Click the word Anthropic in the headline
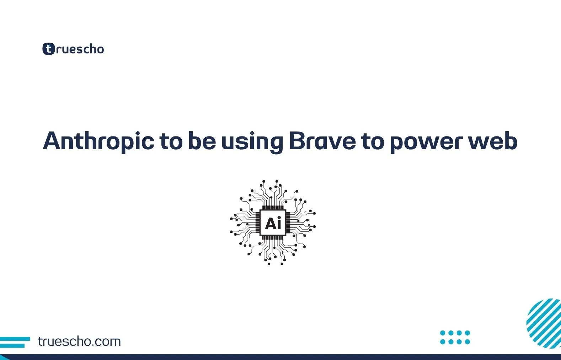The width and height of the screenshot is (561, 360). pyautogui.click(x=98, y=141)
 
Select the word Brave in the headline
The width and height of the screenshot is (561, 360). pyautogui.click(x=322, y=141)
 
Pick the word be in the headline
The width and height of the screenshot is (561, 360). pyautogui.click(x=202, y=141)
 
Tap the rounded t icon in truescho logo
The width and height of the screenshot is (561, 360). pyautogui.click(x=48, y=49)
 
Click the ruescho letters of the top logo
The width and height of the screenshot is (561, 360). pyautogui.click(x=80, y=49)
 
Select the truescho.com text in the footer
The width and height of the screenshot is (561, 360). pyautogui.click(x=79, y=342)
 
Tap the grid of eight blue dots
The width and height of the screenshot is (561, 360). pyautogui.click(x=455, y=337)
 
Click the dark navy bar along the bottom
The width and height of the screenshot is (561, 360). pyautogui.click(x=280, y=357)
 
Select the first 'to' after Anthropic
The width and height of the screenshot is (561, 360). pyautogui.click(x=171, y=141)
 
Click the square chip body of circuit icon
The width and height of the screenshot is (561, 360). pyautogui.click(x=273, y=223)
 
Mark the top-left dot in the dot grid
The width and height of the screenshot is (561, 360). pyautogui.click(x=443, y=333)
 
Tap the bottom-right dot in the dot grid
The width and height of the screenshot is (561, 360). pyautogui.click(x=467, y=342)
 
